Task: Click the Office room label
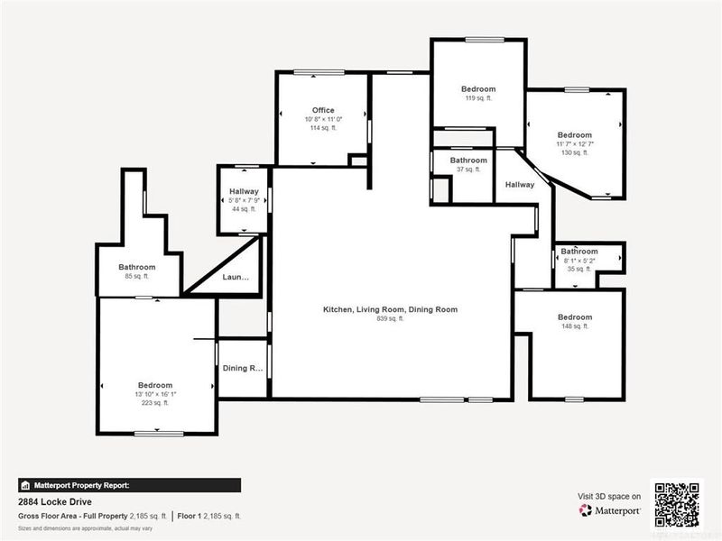323,110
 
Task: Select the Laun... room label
236,278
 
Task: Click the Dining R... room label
243,368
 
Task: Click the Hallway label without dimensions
520,185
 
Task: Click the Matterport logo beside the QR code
610,510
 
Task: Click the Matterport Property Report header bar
129,484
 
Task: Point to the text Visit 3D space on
609,496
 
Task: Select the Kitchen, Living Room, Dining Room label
390,309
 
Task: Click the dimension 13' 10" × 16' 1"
154,394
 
